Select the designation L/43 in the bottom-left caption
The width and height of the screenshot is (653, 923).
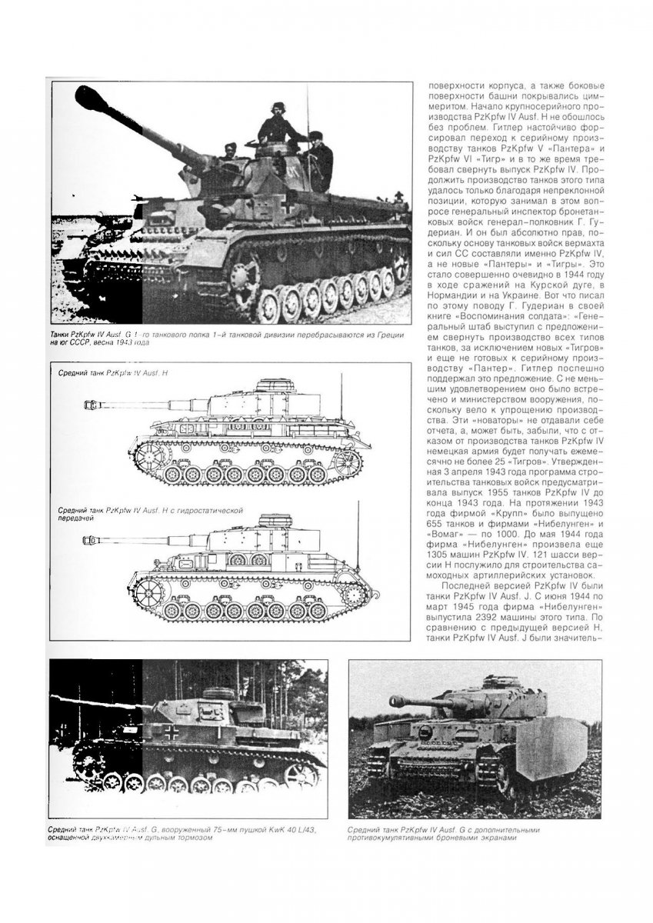coord(303,828)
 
